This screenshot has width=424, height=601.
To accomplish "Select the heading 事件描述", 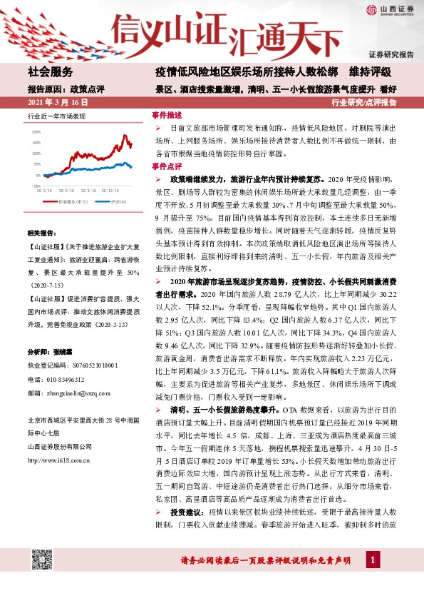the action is [x=167, y=115].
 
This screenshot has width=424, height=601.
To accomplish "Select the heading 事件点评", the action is [x=167, y=166].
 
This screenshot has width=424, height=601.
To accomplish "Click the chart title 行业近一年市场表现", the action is [x=56, y=115].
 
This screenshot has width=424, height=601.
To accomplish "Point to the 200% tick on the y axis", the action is [x=36, y=132].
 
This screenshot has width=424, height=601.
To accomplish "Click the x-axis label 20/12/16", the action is [x=110, y=191].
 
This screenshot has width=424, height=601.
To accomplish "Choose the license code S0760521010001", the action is [x=88, y=365].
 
